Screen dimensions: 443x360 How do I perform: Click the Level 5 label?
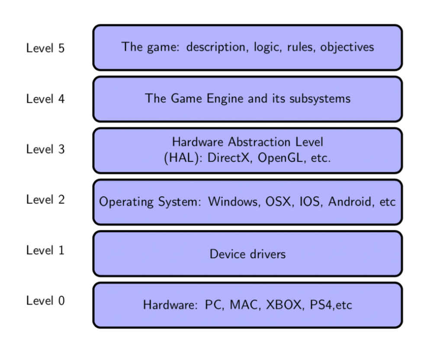pyautogui.click(x=45, y=48)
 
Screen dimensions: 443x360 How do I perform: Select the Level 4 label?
pyautogui.click(x=45, y=99)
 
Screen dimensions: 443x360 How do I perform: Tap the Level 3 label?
pyautogui.click(x=45, y=149)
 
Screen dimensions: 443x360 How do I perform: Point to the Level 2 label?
pyautogui.click(x=45, y=200)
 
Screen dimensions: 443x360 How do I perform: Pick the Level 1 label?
pyautogui.click(x=45, y=250)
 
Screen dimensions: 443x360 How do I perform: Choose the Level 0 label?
pyautogui.click(x=45, y=300)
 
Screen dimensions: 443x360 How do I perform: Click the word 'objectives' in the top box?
pyautogui.click(x=347, y=47)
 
